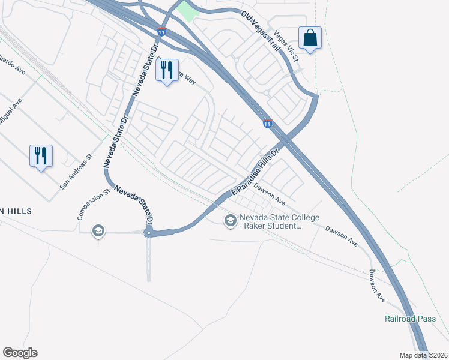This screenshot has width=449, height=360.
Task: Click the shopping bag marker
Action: (310, 38)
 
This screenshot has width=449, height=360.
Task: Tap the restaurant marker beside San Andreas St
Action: (41, 156)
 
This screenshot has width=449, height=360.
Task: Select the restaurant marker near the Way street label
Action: (167, 71)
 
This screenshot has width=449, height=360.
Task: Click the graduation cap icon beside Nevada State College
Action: (229, 221)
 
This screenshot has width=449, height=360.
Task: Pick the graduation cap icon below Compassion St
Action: (98, 231)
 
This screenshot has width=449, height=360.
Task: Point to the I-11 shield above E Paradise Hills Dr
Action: (267, 123)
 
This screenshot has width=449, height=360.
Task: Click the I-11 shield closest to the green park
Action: (161, 31)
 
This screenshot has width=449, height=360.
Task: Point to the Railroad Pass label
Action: (410, 319)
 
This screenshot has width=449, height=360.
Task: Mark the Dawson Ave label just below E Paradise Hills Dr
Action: (268, 193)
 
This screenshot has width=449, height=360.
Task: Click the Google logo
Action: (20, 353)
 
